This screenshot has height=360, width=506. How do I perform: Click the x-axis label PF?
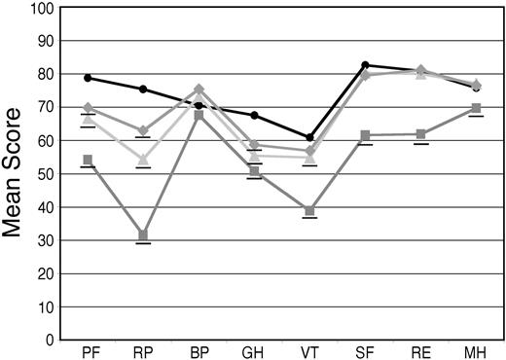pos(88,350)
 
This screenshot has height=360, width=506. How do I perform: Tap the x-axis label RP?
pos(143,350)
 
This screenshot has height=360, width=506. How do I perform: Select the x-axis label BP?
pos(199,350)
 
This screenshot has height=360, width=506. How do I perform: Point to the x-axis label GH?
pos(255,350)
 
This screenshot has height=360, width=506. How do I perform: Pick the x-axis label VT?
pos(310,350)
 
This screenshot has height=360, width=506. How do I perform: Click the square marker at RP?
pos(143,235)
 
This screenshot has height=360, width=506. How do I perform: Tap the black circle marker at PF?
pos(88,78)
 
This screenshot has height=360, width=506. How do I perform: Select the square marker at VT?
pos(310,211)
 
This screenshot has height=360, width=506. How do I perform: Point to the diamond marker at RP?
pos(143,130)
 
